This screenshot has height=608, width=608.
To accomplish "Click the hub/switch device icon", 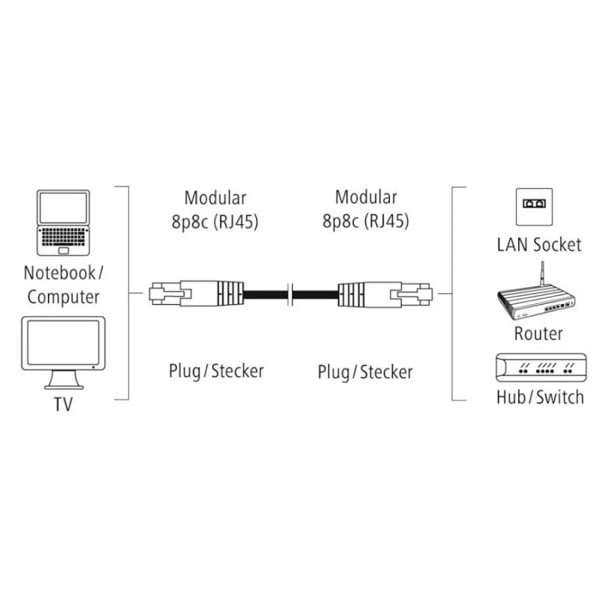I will tap(539, 367).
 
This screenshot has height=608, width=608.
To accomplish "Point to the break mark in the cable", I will tap(290, 294).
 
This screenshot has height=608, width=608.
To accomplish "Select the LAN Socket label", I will tap(539, 245).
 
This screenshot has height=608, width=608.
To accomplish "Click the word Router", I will tap(538, 333).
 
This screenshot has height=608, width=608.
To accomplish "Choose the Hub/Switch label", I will tap(539, 398).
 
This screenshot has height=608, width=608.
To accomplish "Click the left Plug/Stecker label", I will tap(216, 370).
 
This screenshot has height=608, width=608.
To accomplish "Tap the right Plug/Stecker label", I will tap(365, 371).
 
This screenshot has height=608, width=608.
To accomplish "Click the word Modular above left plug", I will tap(215, 198).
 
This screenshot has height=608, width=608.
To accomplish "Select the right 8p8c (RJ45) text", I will tap(365, 221).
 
